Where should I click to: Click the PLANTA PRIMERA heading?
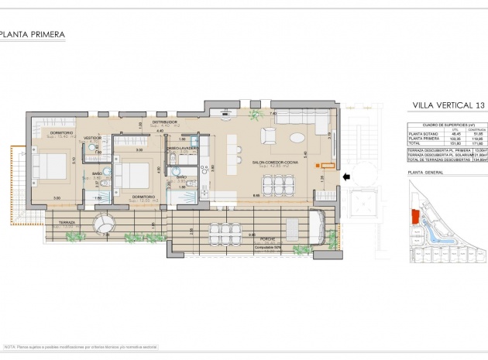coord(32,35)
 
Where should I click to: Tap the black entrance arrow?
coord(348,177)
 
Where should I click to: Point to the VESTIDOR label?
coord(94,137)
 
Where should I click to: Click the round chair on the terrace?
coord(103,225)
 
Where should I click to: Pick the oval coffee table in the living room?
coord(298,138)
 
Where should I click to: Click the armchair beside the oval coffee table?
coord(268,136)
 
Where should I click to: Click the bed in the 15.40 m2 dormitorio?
coord(48,166)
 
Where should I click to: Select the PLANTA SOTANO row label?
coord(421,133)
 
